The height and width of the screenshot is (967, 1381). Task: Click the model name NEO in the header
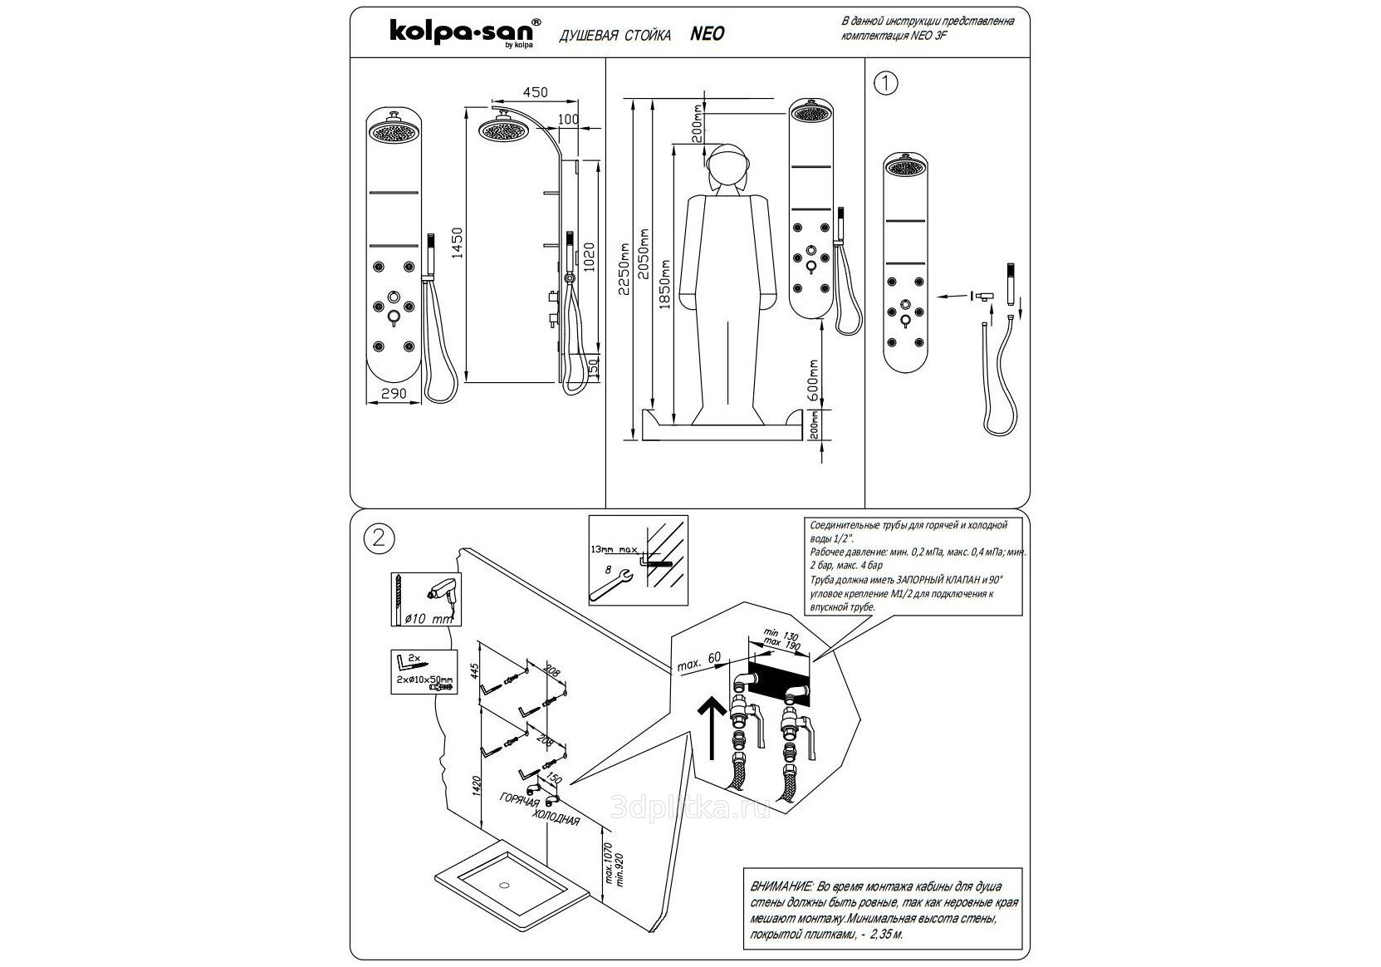point(708,33)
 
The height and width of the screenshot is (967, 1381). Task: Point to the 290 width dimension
point(394,393)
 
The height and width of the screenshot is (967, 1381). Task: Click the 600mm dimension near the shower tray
point(814,376)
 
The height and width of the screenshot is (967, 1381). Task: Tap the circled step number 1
point(887,84)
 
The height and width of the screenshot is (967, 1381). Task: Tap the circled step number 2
point(379,537)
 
